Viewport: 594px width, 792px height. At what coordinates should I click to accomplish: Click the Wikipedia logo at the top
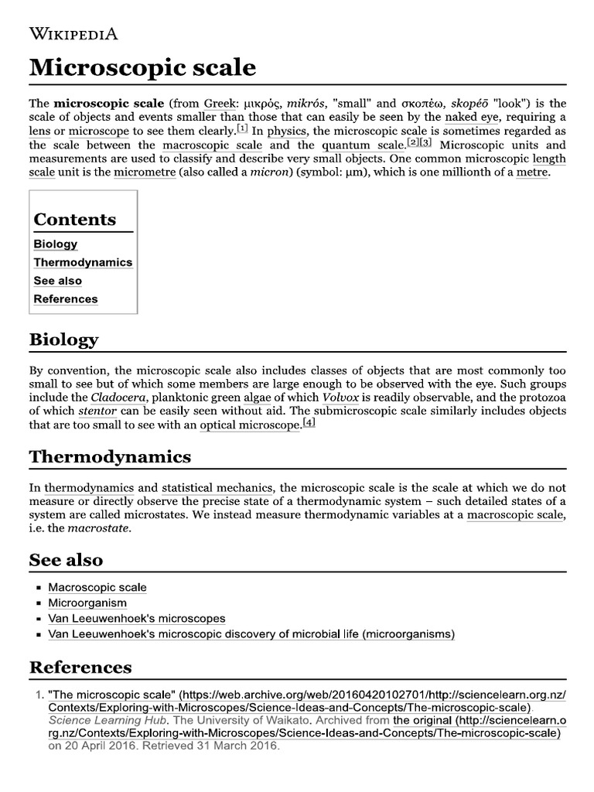73,33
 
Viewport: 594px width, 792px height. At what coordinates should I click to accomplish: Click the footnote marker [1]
242,128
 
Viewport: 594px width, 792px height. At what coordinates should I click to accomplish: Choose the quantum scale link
363,145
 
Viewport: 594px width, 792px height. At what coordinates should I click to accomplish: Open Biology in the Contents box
56,244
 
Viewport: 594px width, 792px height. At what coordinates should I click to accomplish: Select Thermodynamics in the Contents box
83,262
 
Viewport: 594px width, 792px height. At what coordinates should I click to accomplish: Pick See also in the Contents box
57,281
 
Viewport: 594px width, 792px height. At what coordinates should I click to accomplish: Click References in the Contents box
66,299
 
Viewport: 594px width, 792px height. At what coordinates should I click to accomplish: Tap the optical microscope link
250,425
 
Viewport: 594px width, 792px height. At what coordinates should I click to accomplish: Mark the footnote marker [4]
309,422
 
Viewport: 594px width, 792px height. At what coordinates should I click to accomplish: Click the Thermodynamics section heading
110,457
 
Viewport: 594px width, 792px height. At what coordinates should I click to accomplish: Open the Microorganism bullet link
87,603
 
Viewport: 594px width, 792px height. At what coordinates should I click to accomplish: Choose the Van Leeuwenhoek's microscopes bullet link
137,619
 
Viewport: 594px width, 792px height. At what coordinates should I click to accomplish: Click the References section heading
80,667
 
